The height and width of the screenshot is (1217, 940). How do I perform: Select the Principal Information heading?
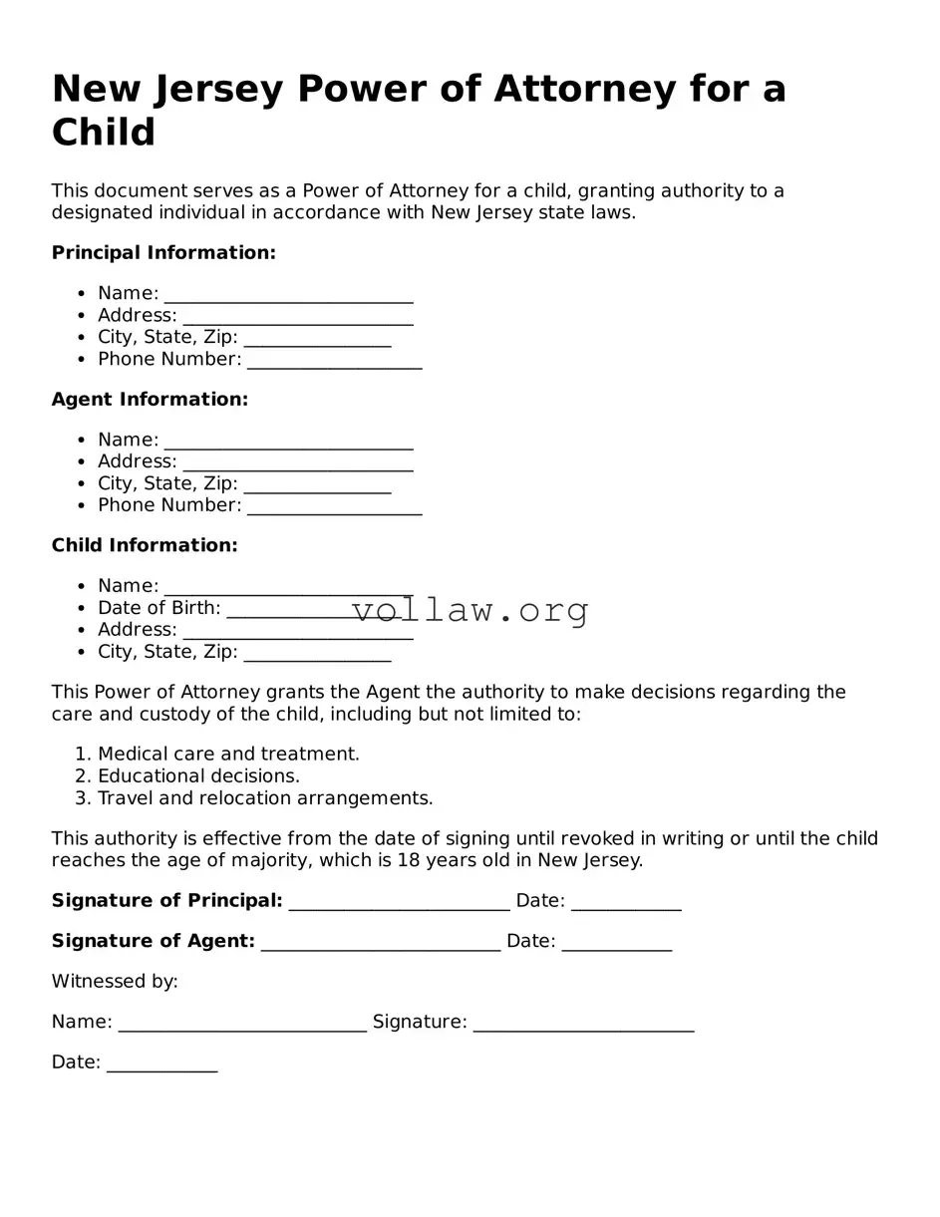click(x=163, y=253)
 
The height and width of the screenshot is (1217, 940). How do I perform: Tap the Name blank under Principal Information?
click(x=288, y=295)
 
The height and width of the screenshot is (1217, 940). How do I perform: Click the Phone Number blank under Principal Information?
click(x=334, y=361)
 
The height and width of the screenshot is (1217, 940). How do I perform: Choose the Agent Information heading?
click(x=150, y=400)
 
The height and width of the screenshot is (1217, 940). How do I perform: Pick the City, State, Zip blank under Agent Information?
click(x=317, y=485)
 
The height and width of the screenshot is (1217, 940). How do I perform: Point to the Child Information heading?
click(x=145, y=546)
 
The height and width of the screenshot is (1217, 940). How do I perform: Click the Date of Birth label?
click(x=158, y=608)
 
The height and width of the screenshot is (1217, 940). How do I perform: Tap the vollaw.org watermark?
click(x=470, y=609)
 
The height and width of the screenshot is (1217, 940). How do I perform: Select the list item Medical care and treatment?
click(x=228, y=755)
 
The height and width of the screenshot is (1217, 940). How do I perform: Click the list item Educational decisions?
click(x=198, y=776)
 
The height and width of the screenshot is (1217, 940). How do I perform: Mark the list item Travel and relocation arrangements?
click(x=265, y=798)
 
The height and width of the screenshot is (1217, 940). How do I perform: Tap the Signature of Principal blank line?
click(x=399, y=903)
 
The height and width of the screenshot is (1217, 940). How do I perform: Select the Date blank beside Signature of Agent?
click(x=616, y=943)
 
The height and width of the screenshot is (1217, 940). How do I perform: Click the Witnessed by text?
click(x=115, y=982)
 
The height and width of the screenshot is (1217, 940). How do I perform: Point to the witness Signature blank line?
click(x=583, y=1024)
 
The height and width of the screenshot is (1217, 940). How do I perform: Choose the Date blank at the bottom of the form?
click(x=161, y=1065)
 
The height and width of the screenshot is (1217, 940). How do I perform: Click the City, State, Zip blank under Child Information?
click(x=317, y=654)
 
